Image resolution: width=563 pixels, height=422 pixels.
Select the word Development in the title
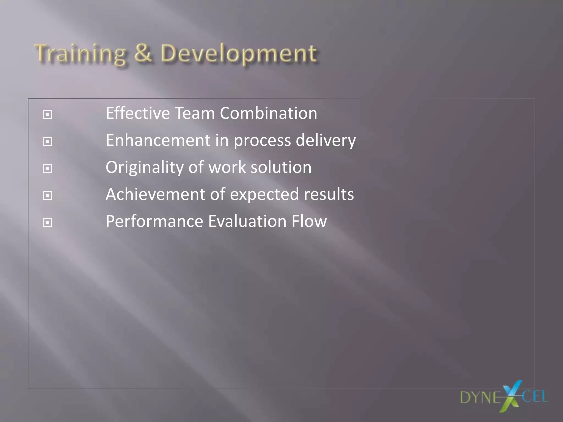click(239, 54)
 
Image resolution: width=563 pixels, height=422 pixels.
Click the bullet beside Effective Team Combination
click(48, 114)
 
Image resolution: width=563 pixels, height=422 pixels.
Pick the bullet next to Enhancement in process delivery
click(48, 141)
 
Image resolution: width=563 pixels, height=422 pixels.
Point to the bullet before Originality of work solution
click(48, 168)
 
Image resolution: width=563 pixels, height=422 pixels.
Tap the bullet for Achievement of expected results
click(48, 196)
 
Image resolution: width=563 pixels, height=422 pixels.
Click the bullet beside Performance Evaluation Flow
click(48, 223)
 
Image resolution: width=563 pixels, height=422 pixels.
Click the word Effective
click(138, 113)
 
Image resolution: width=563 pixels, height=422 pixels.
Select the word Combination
click(268, 113)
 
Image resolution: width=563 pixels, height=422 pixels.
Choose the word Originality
click(145, 168)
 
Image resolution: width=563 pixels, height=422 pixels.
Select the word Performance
click(154, 221)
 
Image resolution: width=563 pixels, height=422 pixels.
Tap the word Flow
click(309, 221)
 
